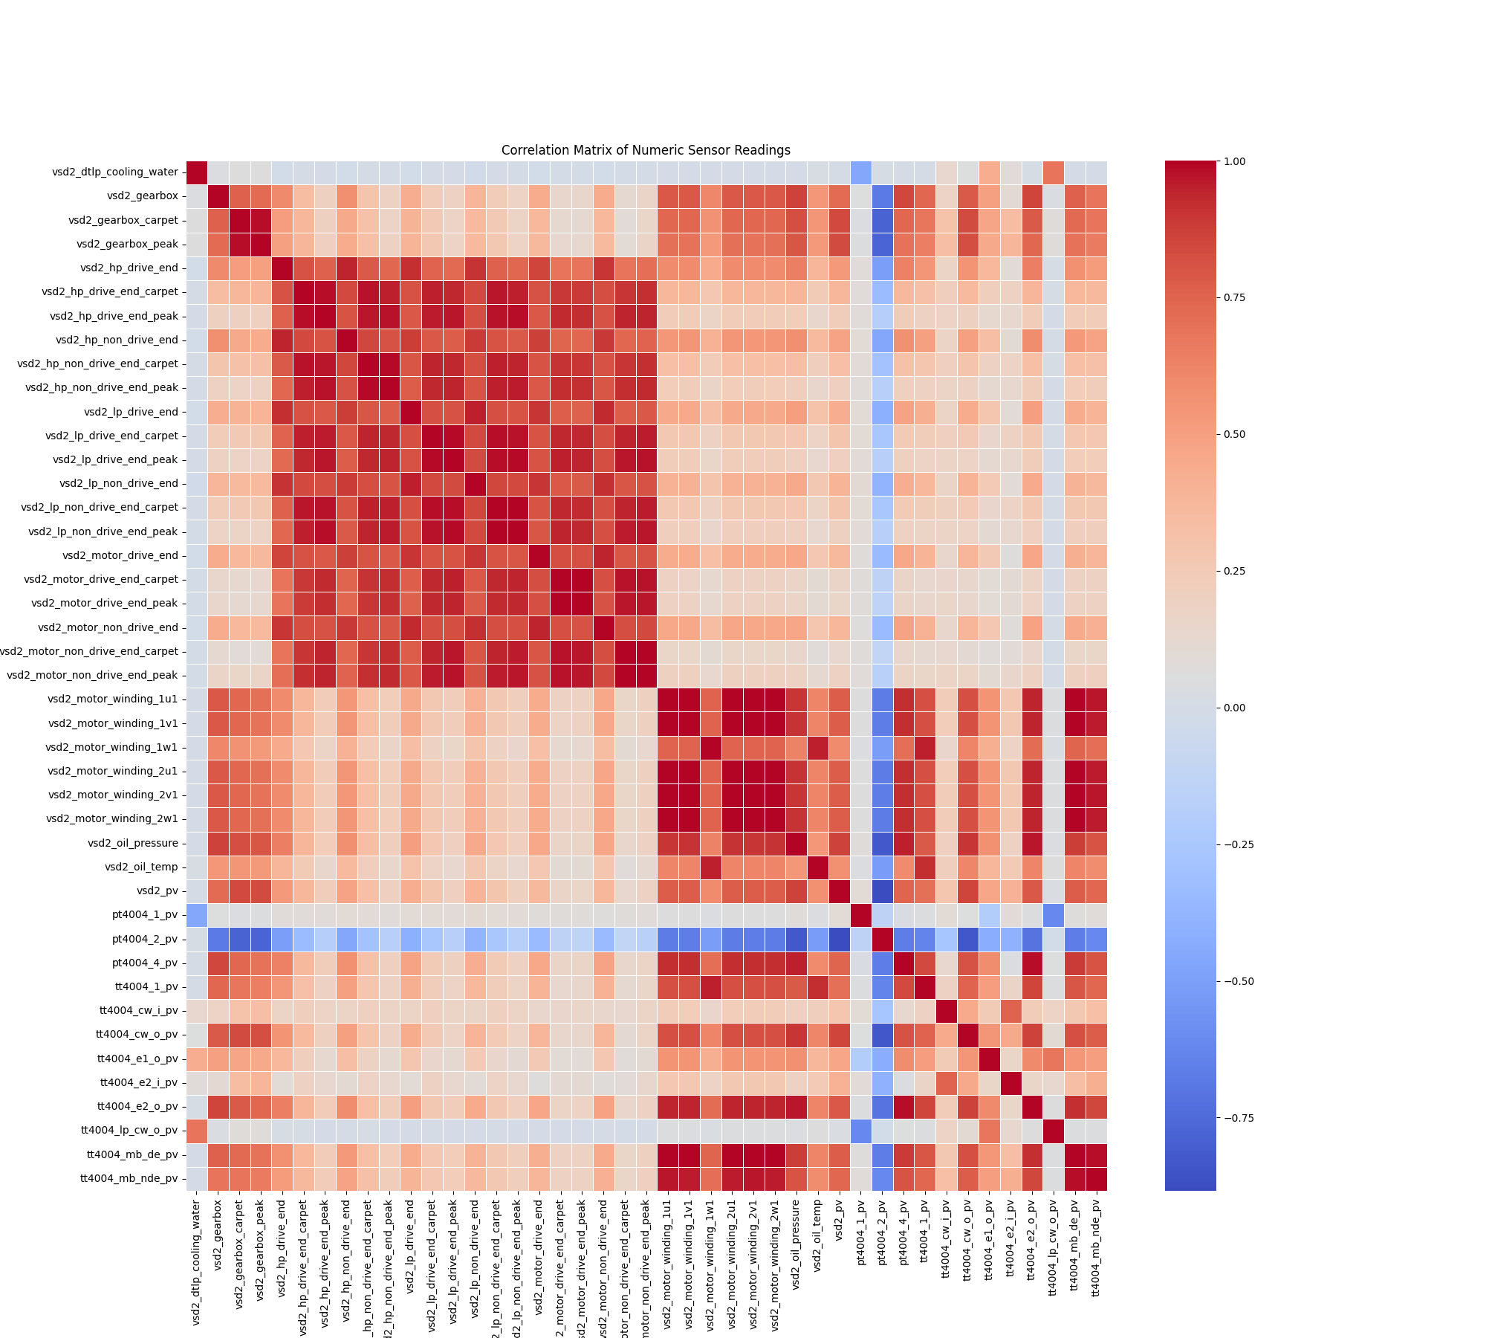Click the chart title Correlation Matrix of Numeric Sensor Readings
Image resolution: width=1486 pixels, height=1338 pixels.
click(x=646, y=150)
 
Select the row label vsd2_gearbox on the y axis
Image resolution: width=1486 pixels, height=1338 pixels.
click(x=143, y=196)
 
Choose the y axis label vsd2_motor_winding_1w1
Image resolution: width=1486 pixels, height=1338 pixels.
click(x=111, y=747)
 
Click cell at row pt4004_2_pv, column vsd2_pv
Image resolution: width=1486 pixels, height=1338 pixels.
click(x=839, y=939)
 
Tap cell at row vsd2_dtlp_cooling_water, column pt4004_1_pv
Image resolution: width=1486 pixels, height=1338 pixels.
click(x=860, y=172)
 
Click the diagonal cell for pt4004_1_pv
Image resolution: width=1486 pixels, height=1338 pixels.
click(x=860, y=915)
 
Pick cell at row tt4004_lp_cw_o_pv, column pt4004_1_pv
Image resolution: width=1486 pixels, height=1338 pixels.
click(x=860, y=1131)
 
